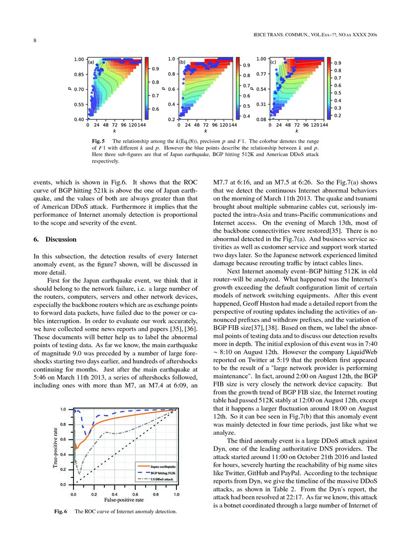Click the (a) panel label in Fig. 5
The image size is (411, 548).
[91, 63]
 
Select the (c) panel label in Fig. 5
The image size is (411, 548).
[273, 63]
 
